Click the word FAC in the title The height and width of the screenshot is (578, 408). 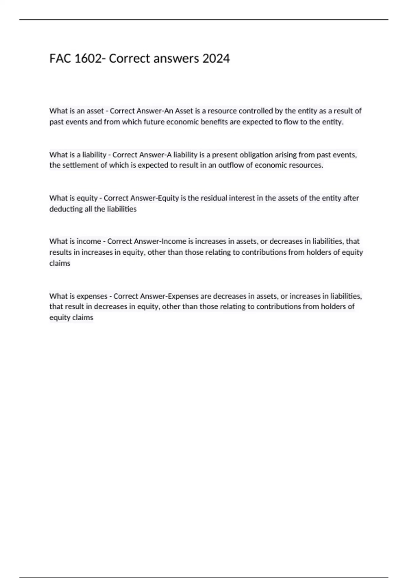(x=60, y=59)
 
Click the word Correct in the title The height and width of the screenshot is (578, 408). (x=130, y=59)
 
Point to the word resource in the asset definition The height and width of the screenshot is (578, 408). (x=222, y=111)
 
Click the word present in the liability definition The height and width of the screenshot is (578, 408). (x=225, y=155)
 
